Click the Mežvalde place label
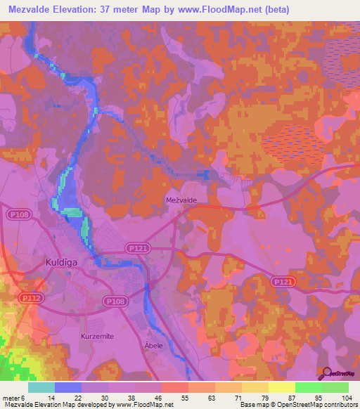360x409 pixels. point(181,200)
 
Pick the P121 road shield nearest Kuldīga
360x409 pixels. point(136,248)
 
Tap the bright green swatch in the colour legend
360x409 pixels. point(309,387)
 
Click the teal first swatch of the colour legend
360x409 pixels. point(41,387)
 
